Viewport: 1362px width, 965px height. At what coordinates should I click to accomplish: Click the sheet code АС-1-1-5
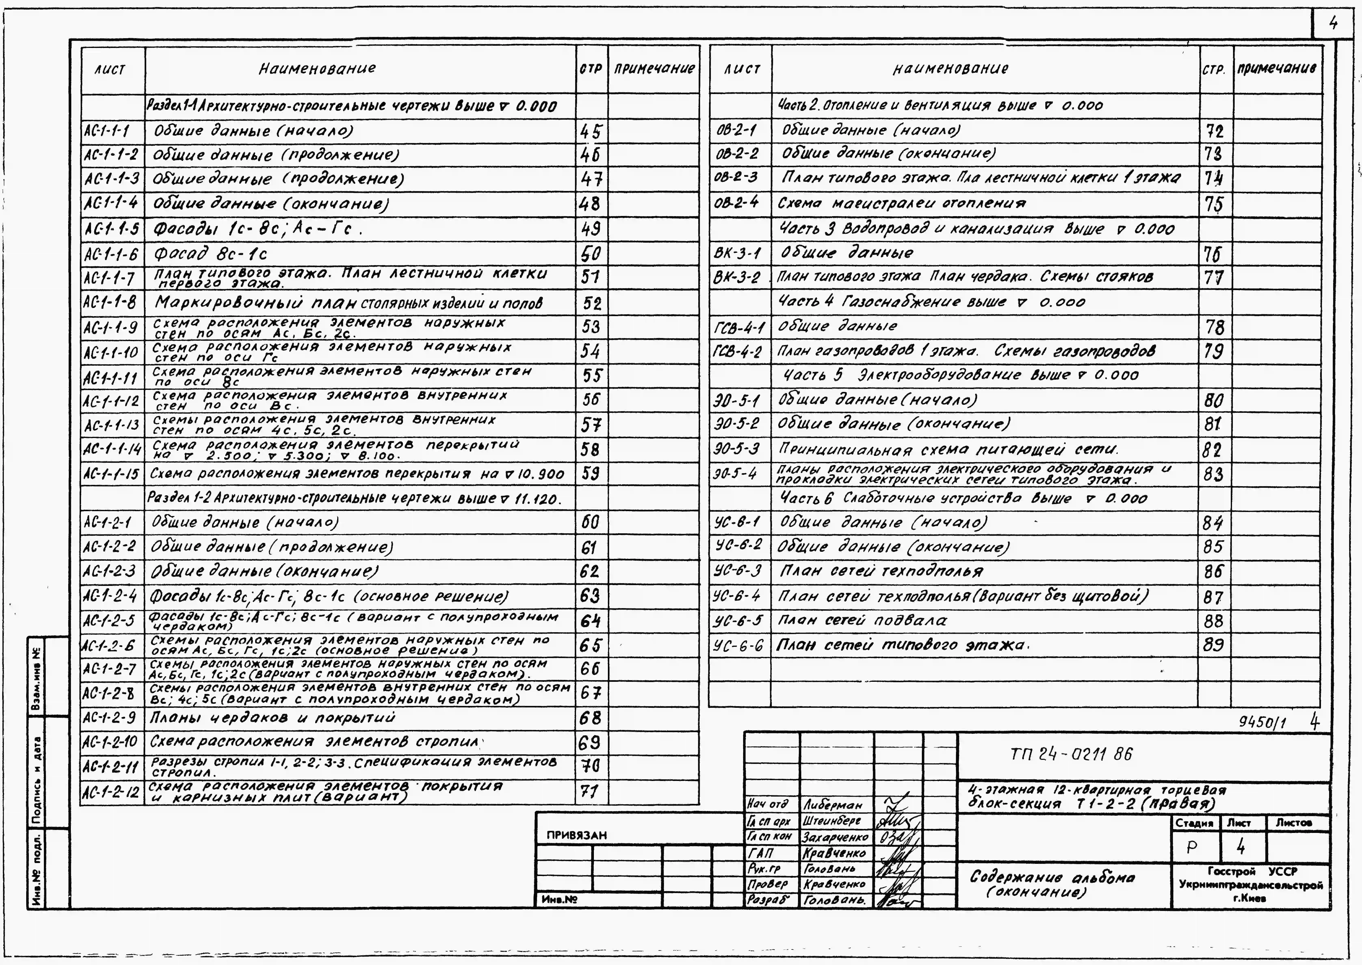(x=112, y=229)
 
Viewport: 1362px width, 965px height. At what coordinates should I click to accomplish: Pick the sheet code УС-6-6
(x=738, y=645)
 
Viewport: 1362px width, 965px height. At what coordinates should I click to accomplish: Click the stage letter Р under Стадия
(x=1192, y=847)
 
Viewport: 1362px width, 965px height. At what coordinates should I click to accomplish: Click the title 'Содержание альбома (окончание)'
(x=1052, y=884)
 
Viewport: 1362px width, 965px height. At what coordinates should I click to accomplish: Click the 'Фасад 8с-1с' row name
(x=210, y=254)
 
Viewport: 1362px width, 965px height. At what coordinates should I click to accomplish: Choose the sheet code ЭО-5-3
(x=736, y=449)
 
